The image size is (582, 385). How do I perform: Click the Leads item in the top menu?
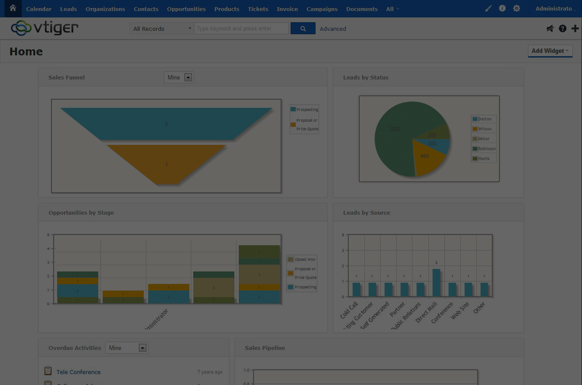click(x=68, y=9)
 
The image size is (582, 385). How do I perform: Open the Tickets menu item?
click(x=258, y=9)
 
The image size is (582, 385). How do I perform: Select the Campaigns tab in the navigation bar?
click(x=322, y=9)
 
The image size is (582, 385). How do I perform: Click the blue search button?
click(x=303, y=28)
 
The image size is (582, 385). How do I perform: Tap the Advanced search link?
click(x=333, y=29)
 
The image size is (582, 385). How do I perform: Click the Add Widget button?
click(x=550, y=51)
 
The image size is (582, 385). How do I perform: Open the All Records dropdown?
click(x=162, y=29)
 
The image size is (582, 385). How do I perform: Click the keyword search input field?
click(x=241, y=28)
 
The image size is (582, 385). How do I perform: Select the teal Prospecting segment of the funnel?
click(x=166, y=124)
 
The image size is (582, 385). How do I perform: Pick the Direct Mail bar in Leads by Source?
click(x=436, y=283)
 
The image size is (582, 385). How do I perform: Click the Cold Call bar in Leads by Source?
click(x=356, y=290)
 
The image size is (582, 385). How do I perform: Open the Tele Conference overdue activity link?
click(x=79, y=372)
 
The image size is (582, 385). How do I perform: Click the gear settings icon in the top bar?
click(x=516, y=9)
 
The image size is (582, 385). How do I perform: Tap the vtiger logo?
click(x=45, y=28)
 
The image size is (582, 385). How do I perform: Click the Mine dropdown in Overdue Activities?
click(x=126, y=348)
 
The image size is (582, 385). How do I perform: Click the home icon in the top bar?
click(x=13, y=8)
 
